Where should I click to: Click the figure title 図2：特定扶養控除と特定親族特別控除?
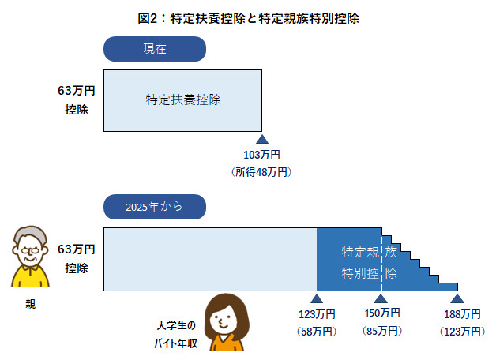coord(248,17)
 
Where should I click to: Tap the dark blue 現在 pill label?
coord(155,49)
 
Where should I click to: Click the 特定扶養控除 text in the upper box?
coord(183,100)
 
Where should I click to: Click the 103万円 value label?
coord(262,155)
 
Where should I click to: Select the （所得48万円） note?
coord(262,171)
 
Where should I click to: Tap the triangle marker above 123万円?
coord(317,298)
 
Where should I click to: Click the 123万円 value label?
coord(317,314)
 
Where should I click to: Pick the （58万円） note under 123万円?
coord(317,331)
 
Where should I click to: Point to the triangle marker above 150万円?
coord(381,298)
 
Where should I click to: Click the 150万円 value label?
coord(381,314)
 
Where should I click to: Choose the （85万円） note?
coord(381,331)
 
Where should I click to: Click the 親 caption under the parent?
coord(29,303)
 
